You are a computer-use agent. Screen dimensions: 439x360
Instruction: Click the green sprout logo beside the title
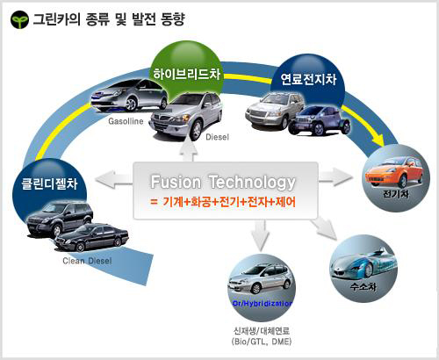point(19,19)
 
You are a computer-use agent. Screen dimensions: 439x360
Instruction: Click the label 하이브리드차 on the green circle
point(187,74)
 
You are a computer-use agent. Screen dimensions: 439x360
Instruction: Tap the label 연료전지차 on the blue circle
point(308,79)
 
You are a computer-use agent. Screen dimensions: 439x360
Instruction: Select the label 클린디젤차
point(49,184)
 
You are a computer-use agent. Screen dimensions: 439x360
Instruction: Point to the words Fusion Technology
point(223,182)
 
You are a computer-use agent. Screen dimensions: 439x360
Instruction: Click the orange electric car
point(394,172)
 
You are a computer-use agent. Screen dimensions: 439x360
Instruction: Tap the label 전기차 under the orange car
point(396,194)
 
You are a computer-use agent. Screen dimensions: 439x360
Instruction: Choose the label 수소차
point(363,286)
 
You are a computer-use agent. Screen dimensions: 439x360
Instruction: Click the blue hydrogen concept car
point(363,263)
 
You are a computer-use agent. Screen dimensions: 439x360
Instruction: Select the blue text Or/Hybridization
point(263,304)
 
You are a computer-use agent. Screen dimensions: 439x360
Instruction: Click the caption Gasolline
point(126,121)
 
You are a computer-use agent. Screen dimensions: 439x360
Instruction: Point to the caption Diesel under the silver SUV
point(217,137)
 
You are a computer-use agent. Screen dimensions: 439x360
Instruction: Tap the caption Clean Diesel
point(87,261)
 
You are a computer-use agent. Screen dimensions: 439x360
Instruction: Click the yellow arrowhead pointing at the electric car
point(380,140)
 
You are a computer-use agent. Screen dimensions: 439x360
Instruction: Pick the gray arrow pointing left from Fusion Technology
point(114,179)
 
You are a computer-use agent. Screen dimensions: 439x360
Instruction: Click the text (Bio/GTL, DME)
point(262,342)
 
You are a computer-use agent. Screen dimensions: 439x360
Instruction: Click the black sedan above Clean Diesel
point(91,237)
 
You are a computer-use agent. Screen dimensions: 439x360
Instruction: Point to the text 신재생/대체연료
point(262,331)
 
